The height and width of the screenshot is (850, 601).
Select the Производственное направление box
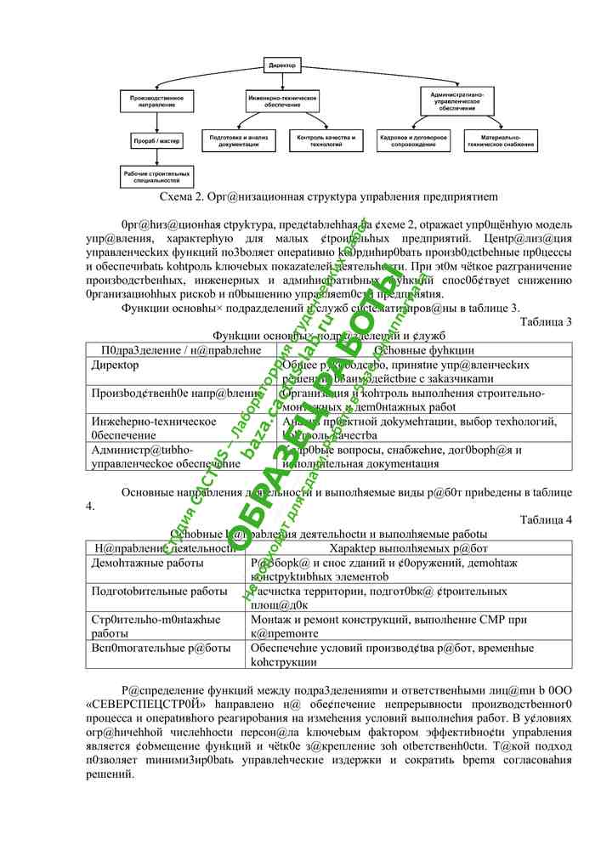[156, 100]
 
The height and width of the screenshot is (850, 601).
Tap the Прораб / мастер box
[156, 140]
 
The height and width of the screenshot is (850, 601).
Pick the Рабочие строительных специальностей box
[156, 177]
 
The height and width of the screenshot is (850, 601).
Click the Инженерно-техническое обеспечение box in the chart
[282, 100]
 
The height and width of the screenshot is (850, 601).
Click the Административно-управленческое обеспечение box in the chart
[457, 100]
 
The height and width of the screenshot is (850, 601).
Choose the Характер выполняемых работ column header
[408, 548]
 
